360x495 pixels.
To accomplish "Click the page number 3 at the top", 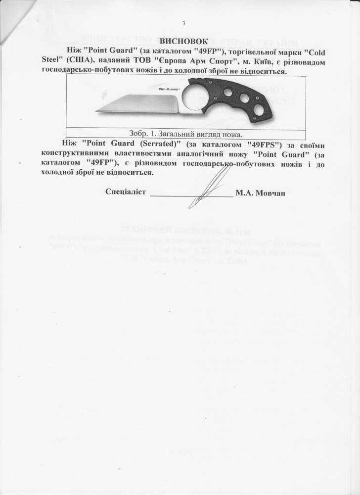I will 183,24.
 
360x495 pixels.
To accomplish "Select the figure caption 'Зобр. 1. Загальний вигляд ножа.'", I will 185,134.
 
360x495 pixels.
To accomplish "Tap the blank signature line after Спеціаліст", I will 191,196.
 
